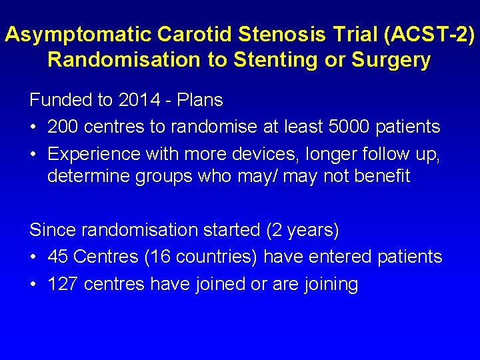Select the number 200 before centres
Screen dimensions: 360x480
(x=62, y=127)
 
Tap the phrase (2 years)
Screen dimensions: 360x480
(x=303, y=230)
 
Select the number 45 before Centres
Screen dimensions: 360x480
(x=59, y=257)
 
